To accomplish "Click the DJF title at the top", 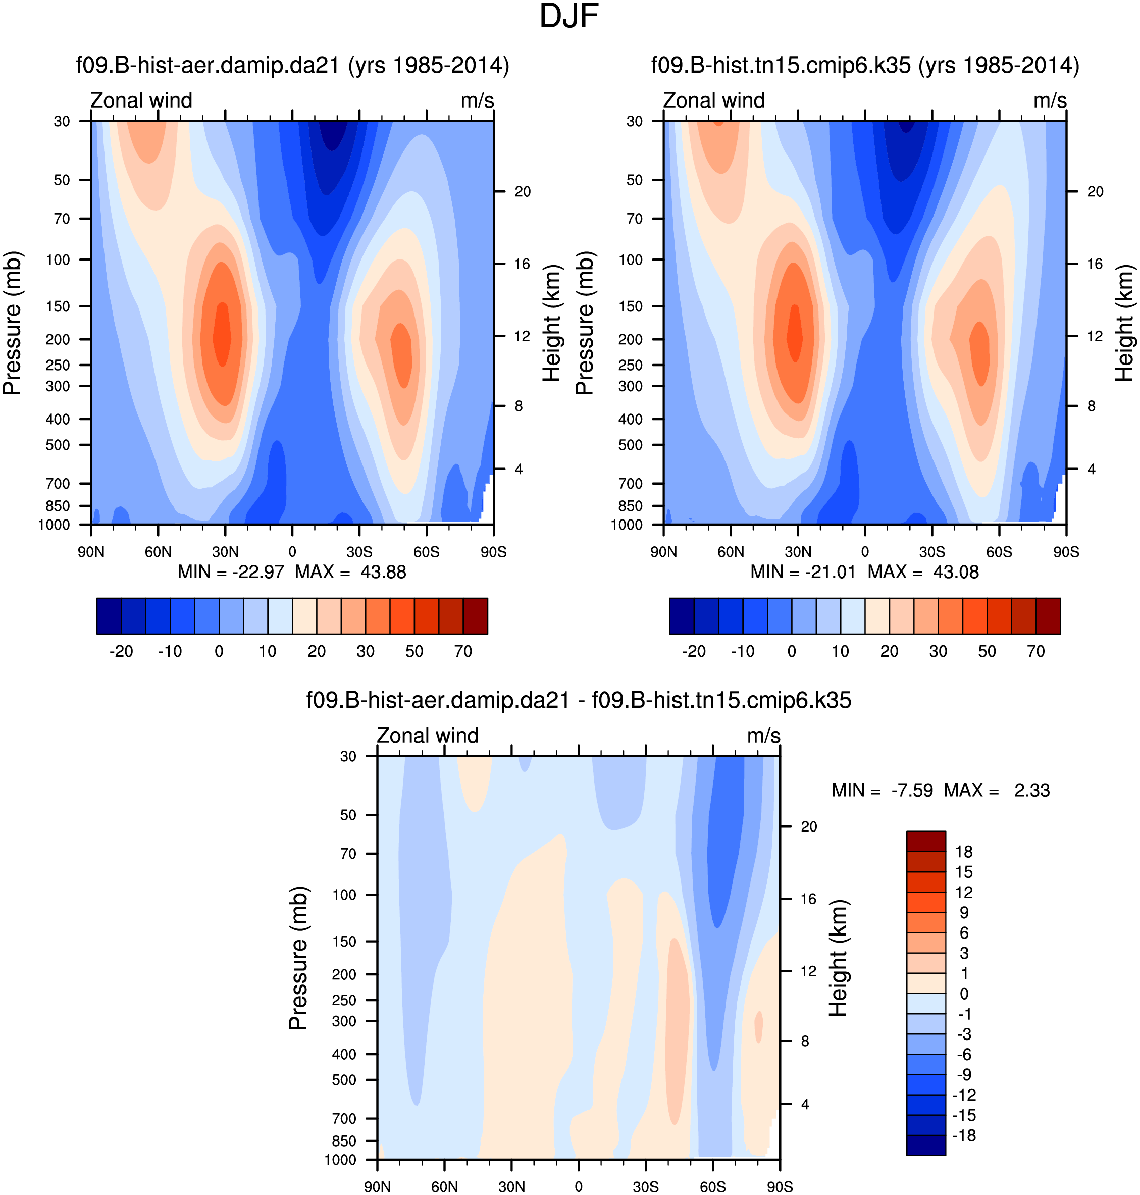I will tap(569, 16).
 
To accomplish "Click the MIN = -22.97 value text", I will tap(230, 573).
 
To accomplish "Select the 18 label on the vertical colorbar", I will tap(964, 852).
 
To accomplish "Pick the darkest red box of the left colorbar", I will tap(475, 616).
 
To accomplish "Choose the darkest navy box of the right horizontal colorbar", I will tap(681, 616).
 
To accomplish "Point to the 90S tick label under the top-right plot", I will tap(1066, 552).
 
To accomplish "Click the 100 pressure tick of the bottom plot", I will tap(344, 895).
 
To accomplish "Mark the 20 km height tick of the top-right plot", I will tap(1095, 192).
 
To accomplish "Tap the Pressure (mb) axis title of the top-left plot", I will tap(12, 323).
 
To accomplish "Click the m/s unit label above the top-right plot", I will tap(1050, 101).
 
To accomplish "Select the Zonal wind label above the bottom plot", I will tap(427, 736).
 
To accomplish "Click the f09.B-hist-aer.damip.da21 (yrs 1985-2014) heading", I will tap(292, 65).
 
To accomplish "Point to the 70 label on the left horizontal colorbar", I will tap(463, 652).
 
